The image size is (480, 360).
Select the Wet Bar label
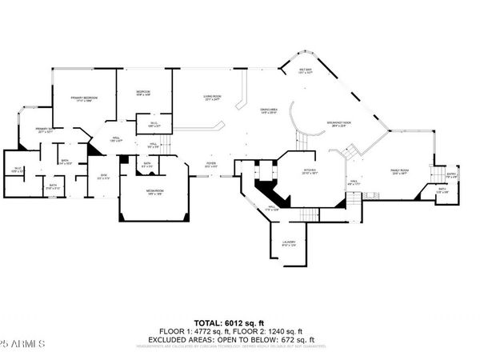click(305, 70)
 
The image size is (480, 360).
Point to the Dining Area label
click(269, 110)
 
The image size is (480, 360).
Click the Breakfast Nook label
click(339, 122)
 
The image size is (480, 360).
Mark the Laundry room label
click(289, 242)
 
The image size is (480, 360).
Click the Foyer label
click(210, 165)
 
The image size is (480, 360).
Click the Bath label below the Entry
click(442, 190)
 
